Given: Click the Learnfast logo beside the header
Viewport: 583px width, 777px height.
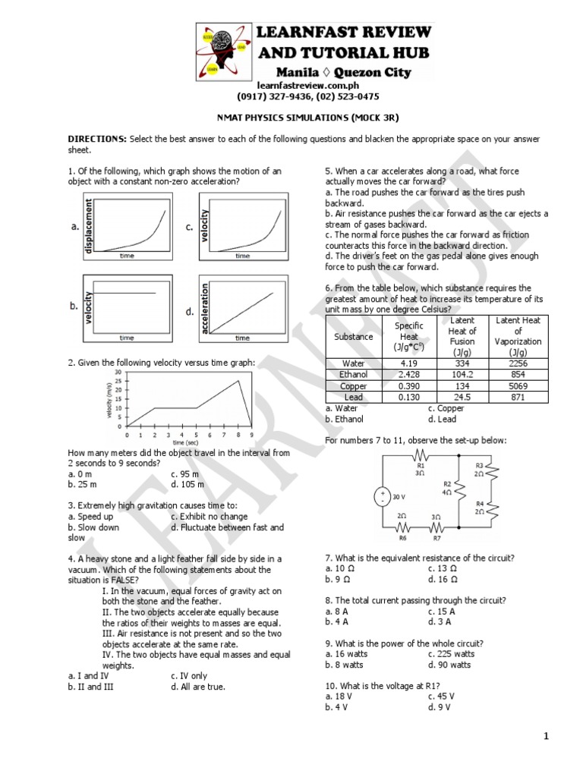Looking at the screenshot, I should (x=220, y=52).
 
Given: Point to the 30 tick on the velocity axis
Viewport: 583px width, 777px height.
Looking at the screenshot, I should (x=118, y=372).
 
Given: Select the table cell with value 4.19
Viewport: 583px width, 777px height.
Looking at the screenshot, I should (x=408, y=363).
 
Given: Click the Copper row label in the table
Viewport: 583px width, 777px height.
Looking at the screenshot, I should (x=354, y=386).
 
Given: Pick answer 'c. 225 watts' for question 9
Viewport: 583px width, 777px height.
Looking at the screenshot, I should (x=451, y=653).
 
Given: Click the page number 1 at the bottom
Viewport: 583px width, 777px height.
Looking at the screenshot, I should (x=545, y=737).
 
